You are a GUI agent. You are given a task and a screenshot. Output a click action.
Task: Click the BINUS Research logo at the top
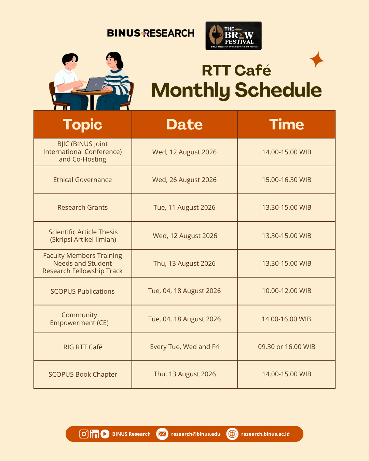point(151,33)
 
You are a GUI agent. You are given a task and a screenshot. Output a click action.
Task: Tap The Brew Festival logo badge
point(233,36)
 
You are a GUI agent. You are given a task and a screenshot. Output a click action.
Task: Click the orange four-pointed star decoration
point(317,60)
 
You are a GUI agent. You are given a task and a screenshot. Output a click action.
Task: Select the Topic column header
point(83,124)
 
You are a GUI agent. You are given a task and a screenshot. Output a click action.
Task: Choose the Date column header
point(184,124)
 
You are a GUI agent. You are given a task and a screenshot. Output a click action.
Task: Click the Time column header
point(286,124)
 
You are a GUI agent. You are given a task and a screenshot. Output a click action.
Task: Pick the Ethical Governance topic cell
point(83,180)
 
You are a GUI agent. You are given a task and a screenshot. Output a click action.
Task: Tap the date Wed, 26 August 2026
point(184,180)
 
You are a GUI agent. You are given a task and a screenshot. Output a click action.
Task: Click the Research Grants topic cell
point(83,208)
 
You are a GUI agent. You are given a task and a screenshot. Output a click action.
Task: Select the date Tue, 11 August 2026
point(184,208)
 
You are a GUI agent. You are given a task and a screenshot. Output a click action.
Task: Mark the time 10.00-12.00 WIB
point(286,291)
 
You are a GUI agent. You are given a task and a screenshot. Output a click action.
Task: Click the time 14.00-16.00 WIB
point(286,319)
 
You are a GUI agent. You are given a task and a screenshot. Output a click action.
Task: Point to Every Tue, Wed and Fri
point(184,347)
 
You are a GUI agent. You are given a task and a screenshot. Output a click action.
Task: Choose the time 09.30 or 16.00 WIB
point(287,347)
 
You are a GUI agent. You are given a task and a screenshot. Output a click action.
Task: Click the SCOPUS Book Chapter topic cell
point(83,375)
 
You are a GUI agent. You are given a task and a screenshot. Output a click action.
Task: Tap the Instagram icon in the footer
point(84,434)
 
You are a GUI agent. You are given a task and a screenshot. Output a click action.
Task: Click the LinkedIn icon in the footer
point(94,434)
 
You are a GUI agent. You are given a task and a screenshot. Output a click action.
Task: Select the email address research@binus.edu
point(195,434)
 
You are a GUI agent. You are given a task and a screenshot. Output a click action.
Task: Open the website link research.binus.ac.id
point(265,434)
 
